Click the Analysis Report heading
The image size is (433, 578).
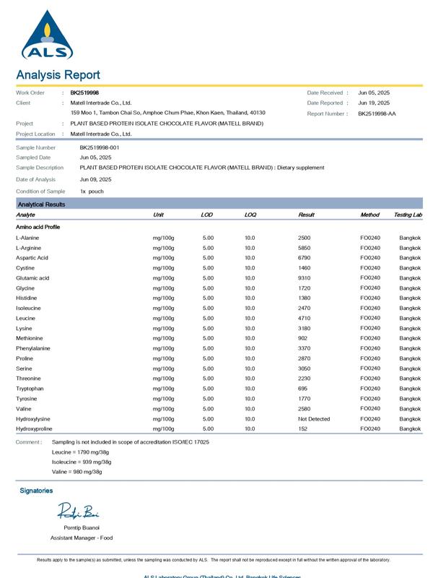pos(58,75)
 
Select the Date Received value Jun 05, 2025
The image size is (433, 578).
pos(374,92)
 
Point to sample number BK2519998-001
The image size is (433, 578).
pos(100,147)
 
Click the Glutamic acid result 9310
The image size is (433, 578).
pos(304,278)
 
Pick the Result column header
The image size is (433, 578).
pos(306,215)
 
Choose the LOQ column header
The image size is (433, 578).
pos(250,215)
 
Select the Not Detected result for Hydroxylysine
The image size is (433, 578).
pos(313,419)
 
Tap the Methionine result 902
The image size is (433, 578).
pos(302,338)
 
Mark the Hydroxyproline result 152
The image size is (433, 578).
pos(302,429)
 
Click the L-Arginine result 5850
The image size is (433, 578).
pos(304,248)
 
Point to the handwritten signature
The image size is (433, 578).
pos(78,512)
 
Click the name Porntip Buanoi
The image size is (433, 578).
pos(81,528)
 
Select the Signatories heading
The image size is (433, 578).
pos(36,491)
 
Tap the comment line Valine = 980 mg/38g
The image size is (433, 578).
pos(77,472)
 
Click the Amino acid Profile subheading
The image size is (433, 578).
pos(38,227)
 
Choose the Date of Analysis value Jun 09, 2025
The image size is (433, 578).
pos(95,179)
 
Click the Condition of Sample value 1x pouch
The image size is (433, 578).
pos(92,191)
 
